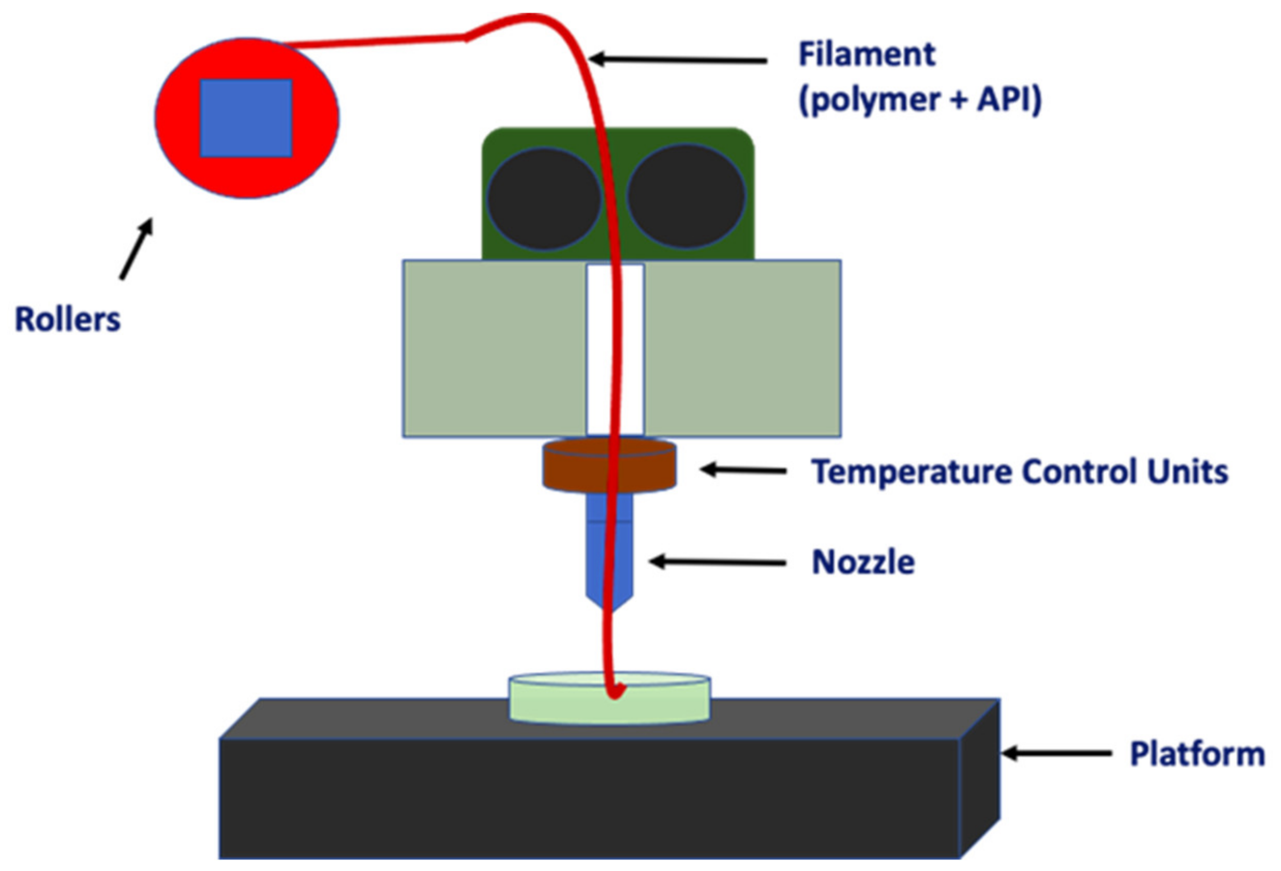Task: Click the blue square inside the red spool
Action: tap(246, 118)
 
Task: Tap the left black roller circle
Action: tap(543, 198)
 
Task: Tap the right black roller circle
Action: tap(686, 196)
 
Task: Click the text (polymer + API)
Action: tap(920, 100)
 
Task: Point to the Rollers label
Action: tap(67, 320)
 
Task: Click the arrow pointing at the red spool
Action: tap(136, 248)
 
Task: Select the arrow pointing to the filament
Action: tap(678, 59)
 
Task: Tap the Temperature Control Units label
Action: tap(1020, 472)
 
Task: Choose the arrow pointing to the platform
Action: tap(1056, 753)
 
